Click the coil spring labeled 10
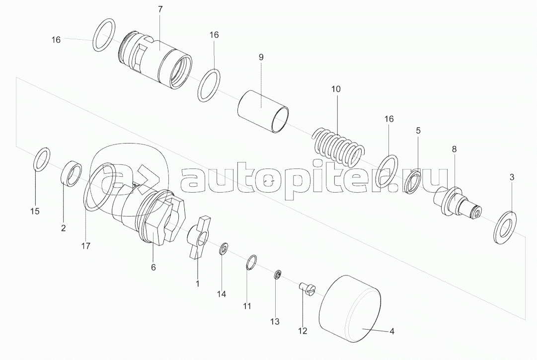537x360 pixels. pos(337,146)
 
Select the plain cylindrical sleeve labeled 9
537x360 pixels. pos(263,111)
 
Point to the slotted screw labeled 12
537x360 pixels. pos(308,290)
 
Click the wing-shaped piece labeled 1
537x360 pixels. pos(198,236)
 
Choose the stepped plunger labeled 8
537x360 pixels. pos(458,204)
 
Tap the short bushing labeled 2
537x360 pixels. pos(71,174)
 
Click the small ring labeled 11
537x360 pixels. pos(252,263)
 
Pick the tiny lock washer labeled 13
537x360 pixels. pos(277,275)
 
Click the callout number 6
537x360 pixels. pos(153,267)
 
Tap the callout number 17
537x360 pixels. pos(85,246)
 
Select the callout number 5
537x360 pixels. pos(418,131)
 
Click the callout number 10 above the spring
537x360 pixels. pos(336,89)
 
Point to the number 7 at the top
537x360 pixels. pos(160,9)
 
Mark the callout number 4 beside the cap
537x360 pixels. pos(392,331)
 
